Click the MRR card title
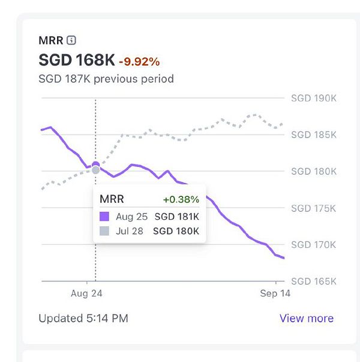coord(50,40)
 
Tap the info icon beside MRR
coord(71,40)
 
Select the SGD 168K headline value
coord(76,61)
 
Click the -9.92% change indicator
coord(139,61)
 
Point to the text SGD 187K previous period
coord(106,79)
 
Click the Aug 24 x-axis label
coord(87,294)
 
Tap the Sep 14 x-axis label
coord(274,294)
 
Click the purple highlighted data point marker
coord(95,164)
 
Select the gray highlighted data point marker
coord(95,170)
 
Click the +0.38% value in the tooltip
coord(181,199)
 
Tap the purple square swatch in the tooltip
coord(104,216)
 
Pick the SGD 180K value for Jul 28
coord(176,231)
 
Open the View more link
coord(306,318)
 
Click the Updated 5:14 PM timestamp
coord(83,318)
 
